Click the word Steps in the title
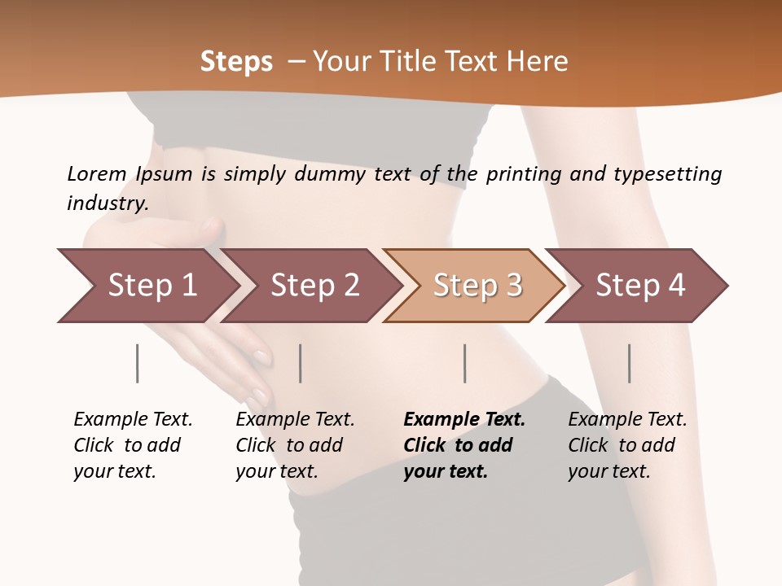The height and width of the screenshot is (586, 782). [x=236, y=62]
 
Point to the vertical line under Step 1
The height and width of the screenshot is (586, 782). [x=137, y=363]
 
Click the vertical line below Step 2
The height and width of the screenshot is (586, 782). [x=301, y=363]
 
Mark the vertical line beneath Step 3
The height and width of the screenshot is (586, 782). [x=464, y=363]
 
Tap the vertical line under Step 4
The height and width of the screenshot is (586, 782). [x=629, y=363]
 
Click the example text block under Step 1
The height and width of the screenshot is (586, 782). [x=133, y=445]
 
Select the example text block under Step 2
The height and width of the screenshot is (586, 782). [x=295, y=445]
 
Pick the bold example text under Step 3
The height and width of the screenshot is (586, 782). [x=464, y=445]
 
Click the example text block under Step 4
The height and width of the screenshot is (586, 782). [x=627, y=445]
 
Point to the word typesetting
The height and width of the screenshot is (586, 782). [x=667, y=174]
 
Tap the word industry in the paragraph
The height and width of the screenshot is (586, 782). [x=108, y=203]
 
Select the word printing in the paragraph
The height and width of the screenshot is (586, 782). [x=524, y=174]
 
